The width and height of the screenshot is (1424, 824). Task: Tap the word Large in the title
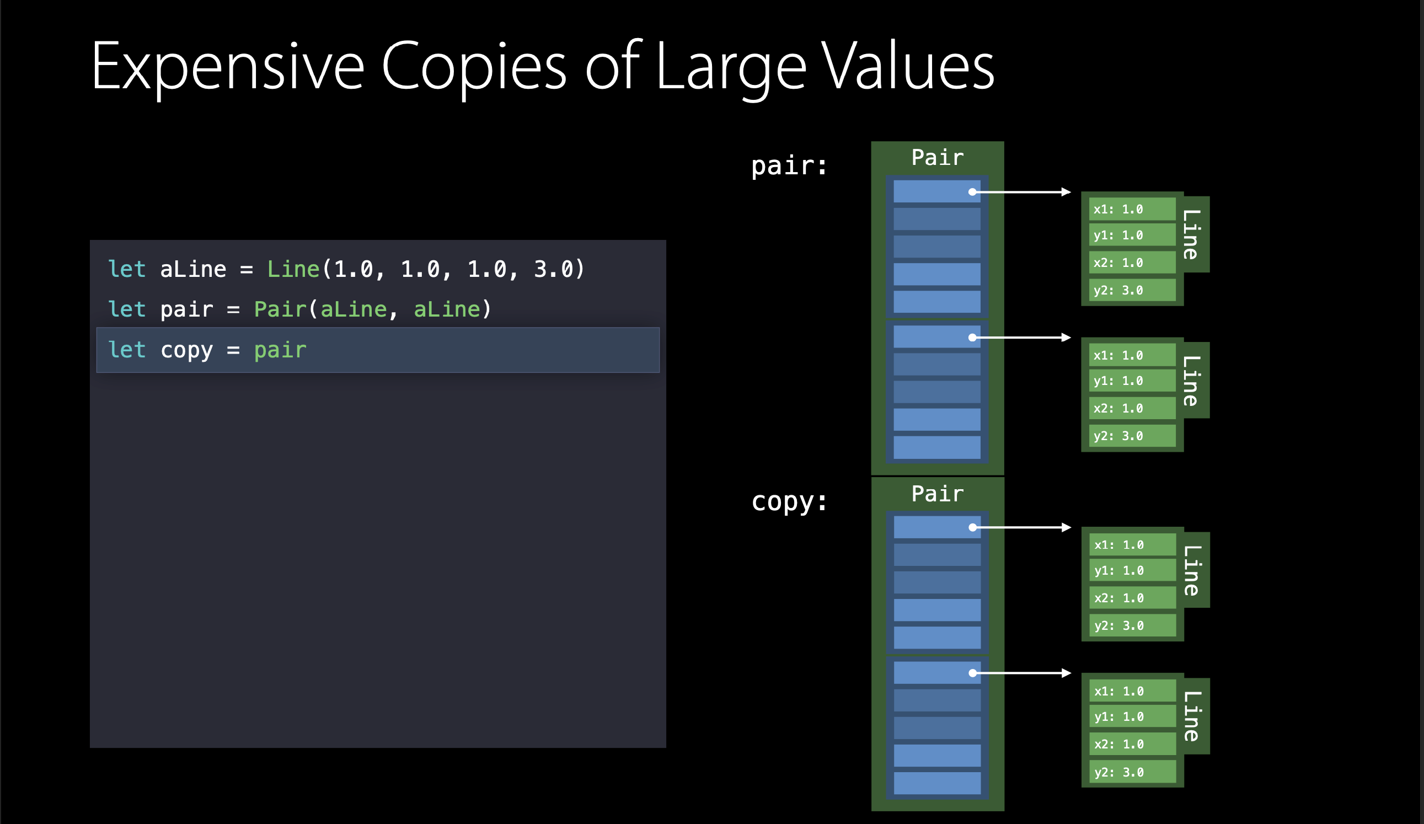[731, 67]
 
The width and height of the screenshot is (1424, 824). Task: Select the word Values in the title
[908, 67]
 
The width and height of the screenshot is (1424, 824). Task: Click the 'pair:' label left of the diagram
[789, 165]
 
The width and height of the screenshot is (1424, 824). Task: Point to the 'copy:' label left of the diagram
[789, 501]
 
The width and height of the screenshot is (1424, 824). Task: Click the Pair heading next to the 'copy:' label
[938, 494]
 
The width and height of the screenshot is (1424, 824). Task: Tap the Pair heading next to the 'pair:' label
[938, 158]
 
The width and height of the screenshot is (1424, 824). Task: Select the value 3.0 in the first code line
[553, 269]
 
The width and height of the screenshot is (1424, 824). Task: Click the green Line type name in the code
[293, 269]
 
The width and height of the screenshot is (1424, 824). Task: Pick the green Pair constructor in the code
[280, 309]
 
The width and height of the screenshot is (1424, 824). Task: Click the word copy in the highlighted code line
[186, 350]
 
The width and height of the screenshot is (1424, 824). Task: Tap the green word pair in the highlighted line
[280, 350]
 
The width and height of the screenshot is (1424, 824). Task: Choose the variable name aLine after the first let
[193, 269]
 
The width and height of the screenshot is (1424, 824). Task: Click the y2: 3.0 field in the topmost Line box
[1132, 291]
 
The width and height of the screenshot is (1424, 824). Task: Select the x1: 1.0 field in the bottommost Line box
[1132, 691]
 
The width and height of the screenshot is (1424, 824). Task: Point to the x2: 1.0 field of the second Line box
[1132, 408]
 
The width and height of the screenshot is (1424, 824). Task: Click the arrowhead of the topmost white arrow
[1066, 192]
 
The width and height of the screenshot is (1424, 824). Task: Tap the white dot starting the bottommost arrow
[972, 673]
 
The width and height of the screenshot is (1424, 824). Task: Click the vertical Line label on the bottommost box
[1191, 716]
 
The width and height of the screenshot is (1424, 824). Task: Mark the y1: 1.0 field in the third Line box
[1132, 570]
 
